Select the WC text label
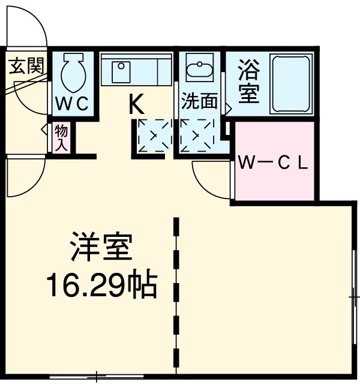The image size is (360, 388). click(x=73, y=103)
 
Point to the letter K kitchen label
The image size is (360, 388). click(x=137, y=106)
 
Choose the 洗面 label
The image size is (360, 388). click(x=200, y=101)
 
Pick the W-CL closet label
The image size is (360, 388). click(x=273, y=163)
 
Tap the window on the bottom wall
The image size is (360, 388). click(x=96, y=377)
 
